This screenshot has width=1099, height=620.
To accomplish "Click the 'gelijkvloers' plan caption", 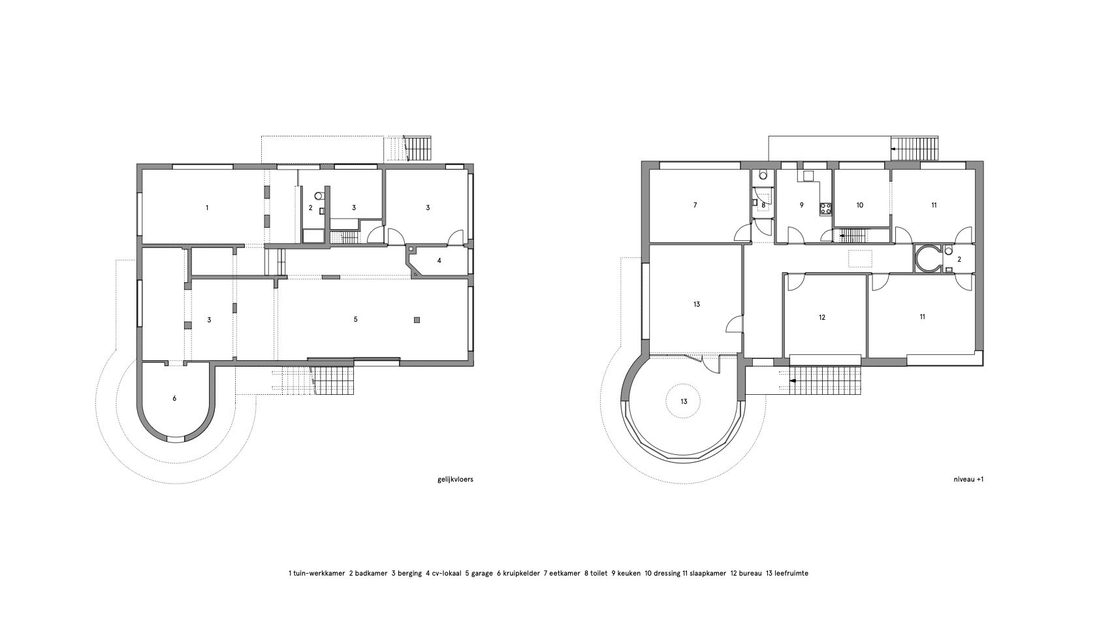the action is [x=454, y=480].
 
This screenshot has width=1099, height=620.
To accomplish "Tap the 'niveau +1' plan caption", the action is [x=968, y=480].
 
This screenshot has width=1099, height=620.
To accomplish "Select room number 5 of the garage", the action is [x=356, y=319].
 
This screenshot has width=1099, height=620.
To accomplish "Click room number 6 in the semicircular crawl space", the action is [x=174, y=398].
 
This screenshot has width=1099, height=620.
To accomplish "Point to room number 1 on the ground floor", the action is [x=207, y=208].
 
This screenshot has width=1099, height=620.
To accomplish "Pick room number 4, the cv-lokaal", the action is [x=439, y=261].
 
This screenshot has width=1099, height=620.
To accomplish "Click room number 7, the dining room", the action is [x=695, y=206].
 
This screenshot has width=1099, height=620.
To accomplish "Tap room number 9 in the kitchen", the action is [x=802, y=206].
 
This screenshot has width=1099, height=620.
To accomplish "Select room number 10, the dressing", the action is [x=859, y=206].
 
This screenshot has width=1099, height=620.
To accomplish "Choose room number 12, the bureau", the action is [x=822, y=317].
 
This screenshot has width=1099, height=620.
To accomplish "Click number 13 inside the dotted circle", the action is [x=684, y=402].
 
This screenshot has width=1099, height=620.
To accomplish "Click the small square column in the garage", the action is [x=417, y=320].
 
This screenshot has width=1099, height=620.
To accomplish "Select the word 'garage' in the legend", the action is [x=482, y=573].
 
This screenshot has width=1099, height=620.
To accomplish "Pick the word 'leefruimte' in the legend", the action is [x=791, y=573].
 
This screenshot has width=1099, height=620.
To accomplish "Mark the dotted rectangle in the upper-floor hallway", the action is [x=861, y=258].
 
